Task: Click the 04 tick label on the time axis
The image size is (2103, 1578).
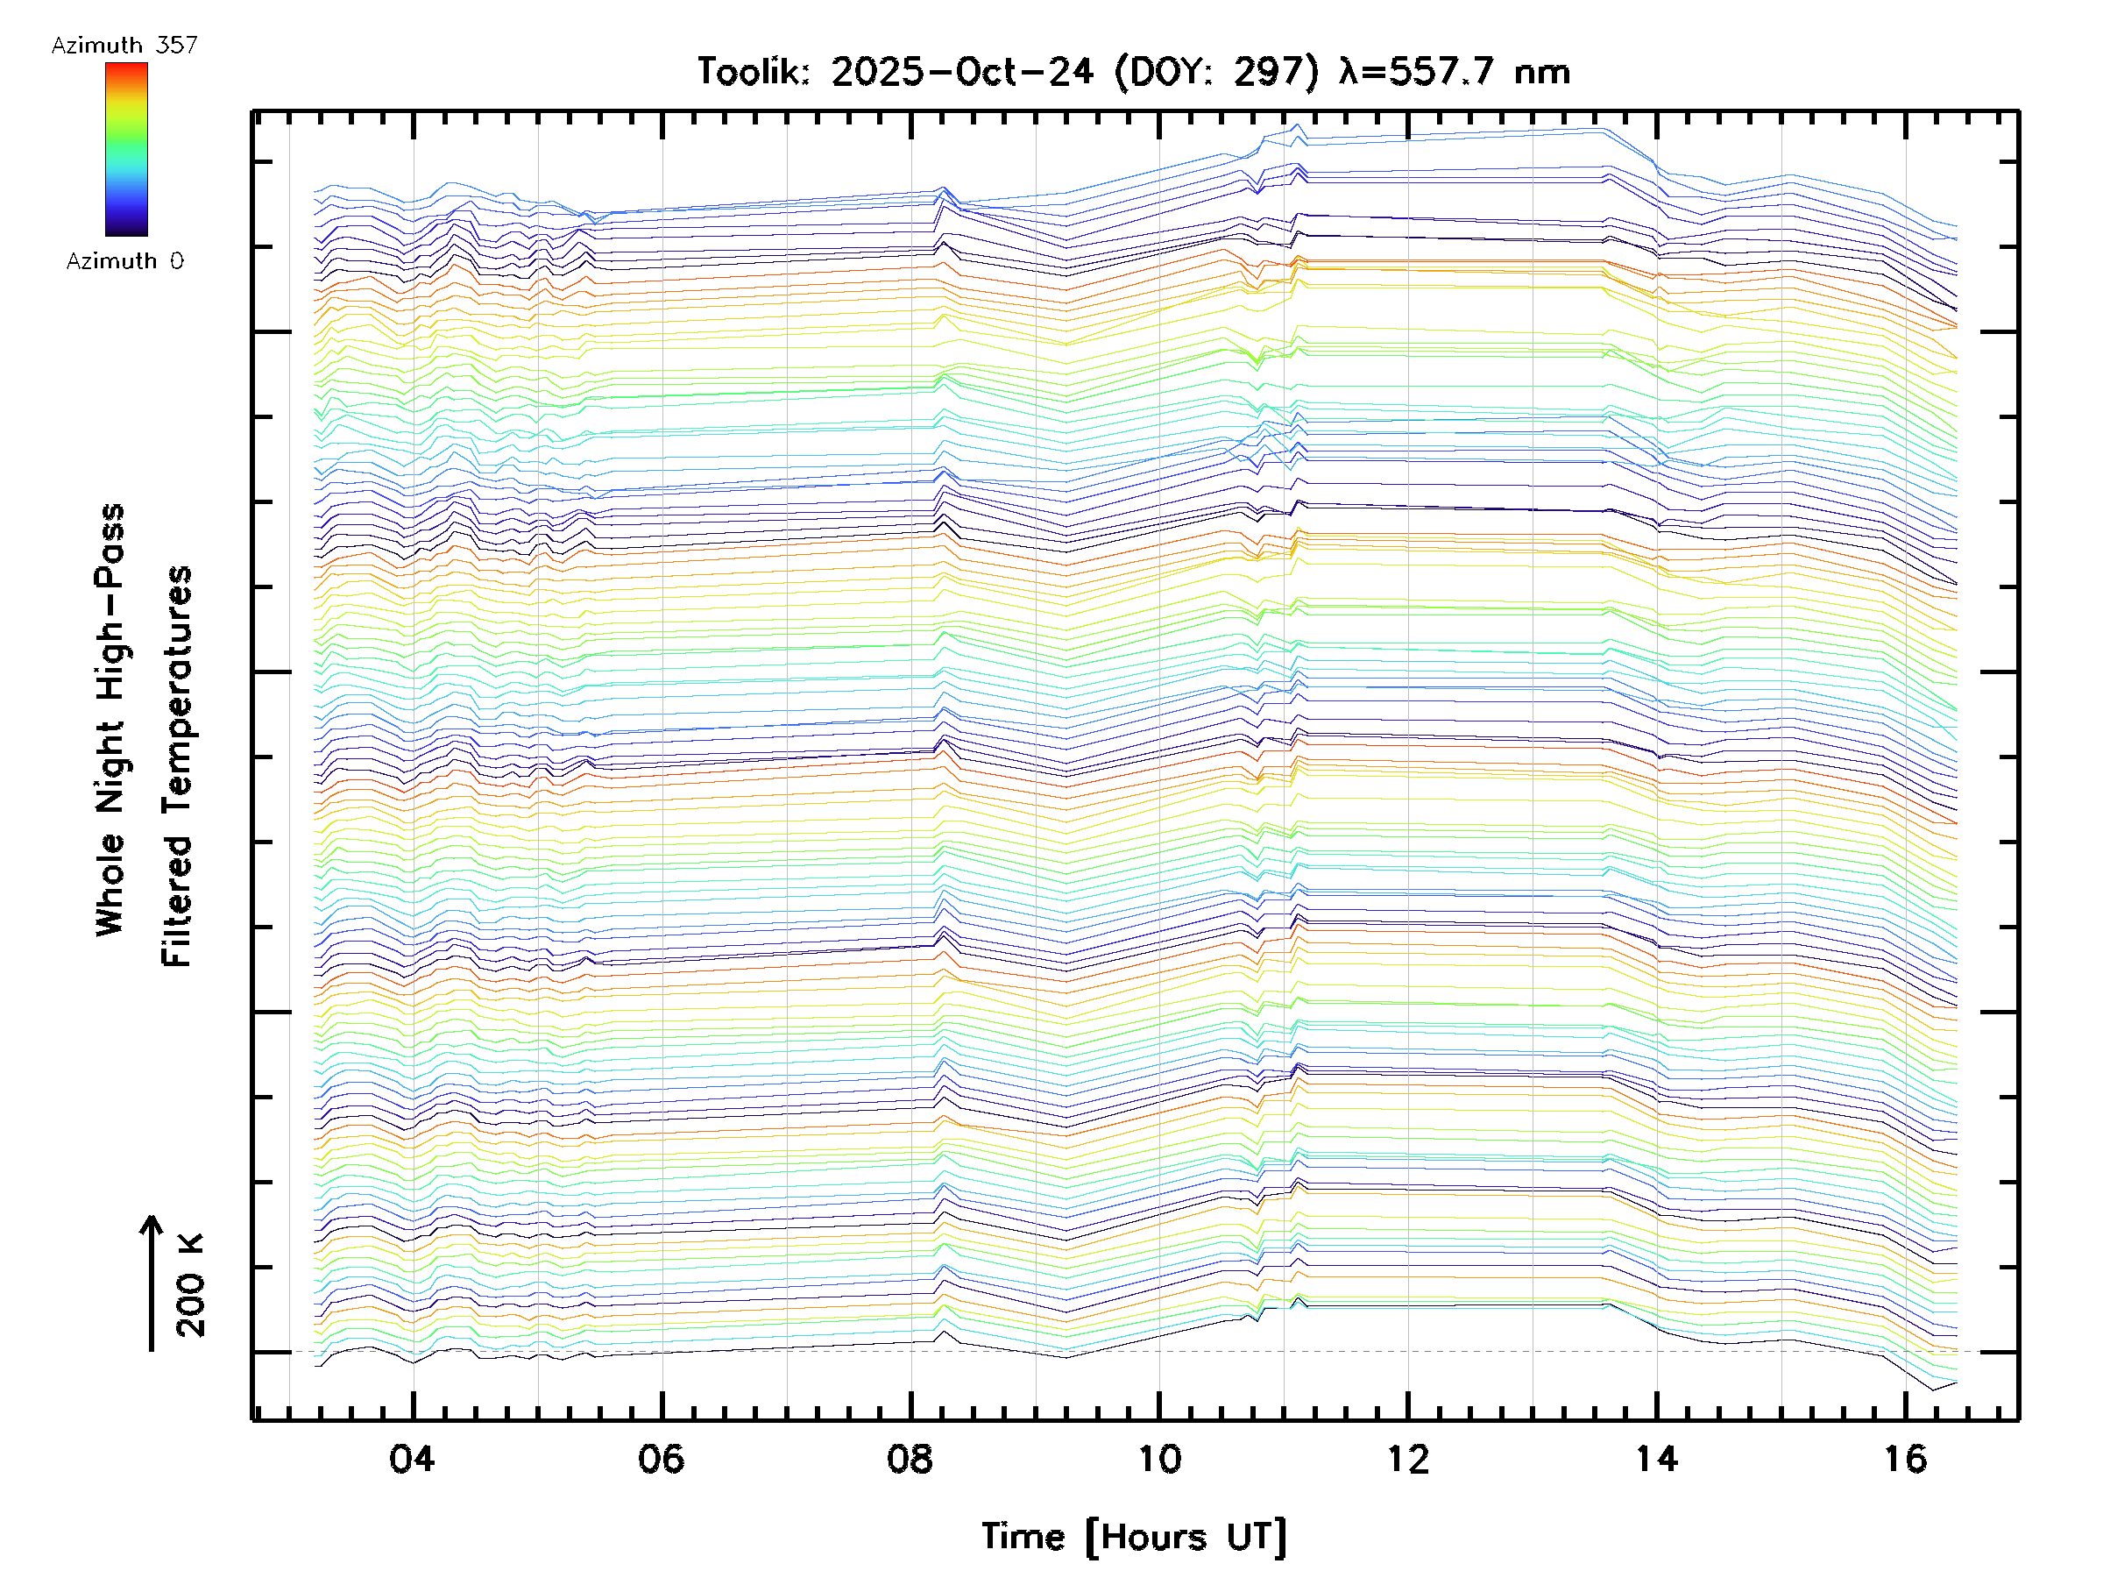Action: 412,1459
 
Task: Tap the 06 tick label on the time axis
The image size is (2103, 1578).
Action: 661,1459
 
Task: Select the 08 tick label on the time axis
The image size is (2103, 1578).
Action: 910,1459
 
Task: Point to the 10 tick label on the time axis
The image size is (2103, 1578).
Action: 1159,1459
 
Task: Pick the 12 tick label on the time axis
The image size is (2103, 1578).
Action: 1408,1459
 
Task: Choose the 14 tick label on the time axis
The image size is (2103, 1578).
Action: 1657,1459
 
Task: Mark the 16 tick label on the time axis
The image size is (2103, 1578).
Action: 1906,1459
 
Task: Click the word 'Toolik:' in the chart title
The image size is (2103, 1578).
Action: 753,72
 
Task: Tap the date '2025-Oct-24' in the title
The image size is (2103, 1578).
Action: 961,72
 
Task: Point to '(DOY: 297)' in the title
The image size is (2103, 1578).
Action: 1216,72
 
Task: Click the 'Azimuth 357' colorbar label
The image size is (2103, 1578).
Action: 124,46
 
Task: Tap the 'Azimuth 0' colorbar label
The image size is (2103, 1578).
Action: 124,260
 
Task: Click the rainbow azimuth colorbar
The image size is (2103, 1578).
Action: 126,149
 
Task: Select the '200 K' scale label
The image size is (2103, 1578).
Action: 190,1285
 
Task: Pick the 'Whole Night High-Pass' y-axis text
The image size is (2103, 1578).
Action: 110,720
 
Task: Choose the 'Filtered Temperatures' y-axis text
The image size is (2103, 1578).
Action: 177,767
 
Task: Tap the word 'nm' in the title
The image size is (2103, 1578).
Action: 1542,72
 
